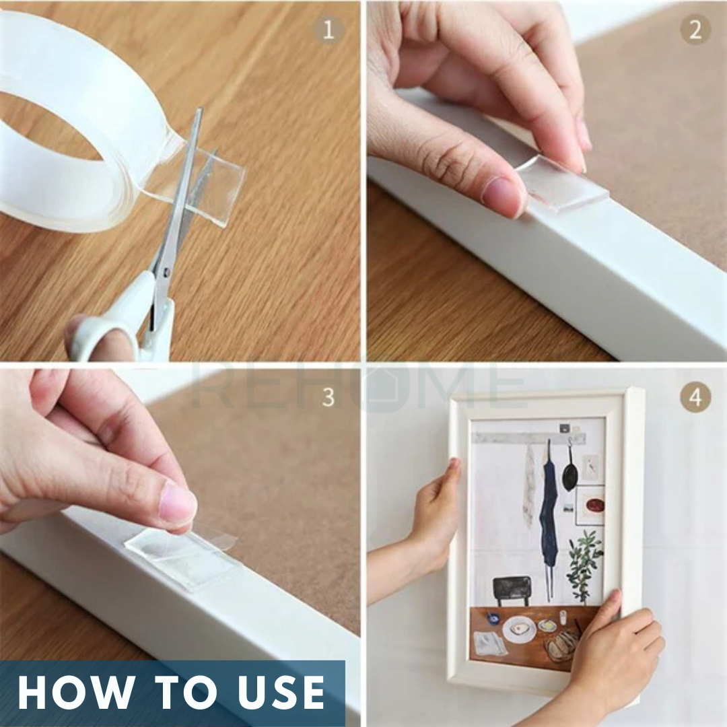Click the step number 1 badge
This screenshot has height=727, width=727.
[328, 30]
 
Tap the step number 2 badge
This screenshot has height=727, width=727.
[695, 30]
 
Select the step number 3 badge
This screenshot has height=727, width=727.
[328, 397]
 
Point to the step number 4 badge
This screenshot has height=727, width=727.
[695, 397]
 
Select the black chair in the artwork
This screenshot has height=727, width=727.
[512, 590]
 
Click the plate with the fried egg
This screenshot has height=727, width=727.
[519, 629]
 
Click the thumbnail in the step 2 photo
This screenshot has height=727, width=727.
[501, 191]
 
